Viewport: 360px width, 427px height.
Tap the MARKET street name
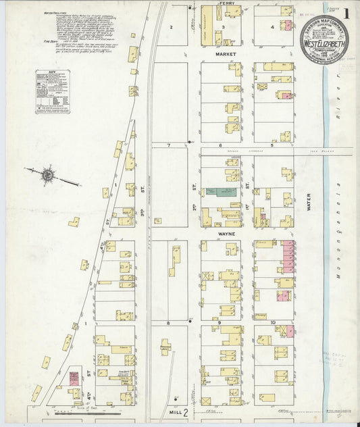[225, 52]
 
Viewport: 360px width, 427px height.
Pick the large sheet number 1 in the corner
[345, 14]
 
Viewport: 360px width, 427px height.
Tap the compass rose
[48, 176]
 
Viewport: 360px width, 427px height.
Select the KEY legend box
[52, 91]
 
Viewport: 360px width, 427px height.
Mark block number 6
[221, 145]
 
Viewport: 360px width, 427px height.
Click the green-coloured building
[220, 193]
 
